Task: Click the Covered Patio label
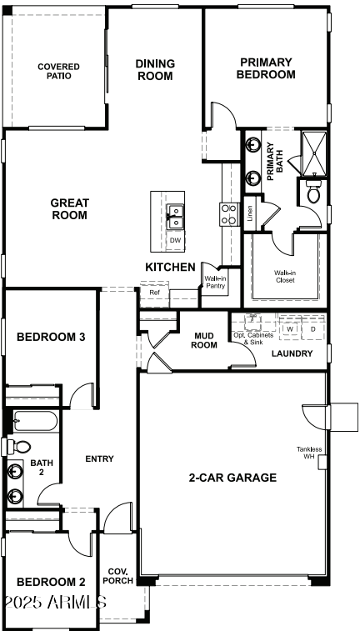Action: pos(58,71)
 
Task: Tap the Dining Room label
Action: pos(155,69)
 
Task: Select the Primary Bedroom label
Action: pos(266,68)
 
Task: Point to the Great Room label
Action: pos(69,208)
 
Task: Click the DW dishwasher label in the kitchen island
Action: pos(175,241)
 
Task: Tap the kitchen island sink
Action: pos(175,216)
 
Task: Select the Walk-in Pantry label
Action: pos(215,283)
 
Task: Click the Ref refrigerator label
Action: pos(154,293)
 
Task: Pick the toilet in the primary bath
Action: pos(314,194)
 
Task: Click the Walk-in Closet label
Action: pos(285,276)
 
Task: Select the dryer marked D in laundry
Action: pos(313,329)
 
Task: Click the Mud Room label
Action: pos(205,341)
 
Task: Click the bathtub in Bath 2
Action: pos(34,422)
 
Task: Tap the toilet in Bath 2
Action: pos(18,447)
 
